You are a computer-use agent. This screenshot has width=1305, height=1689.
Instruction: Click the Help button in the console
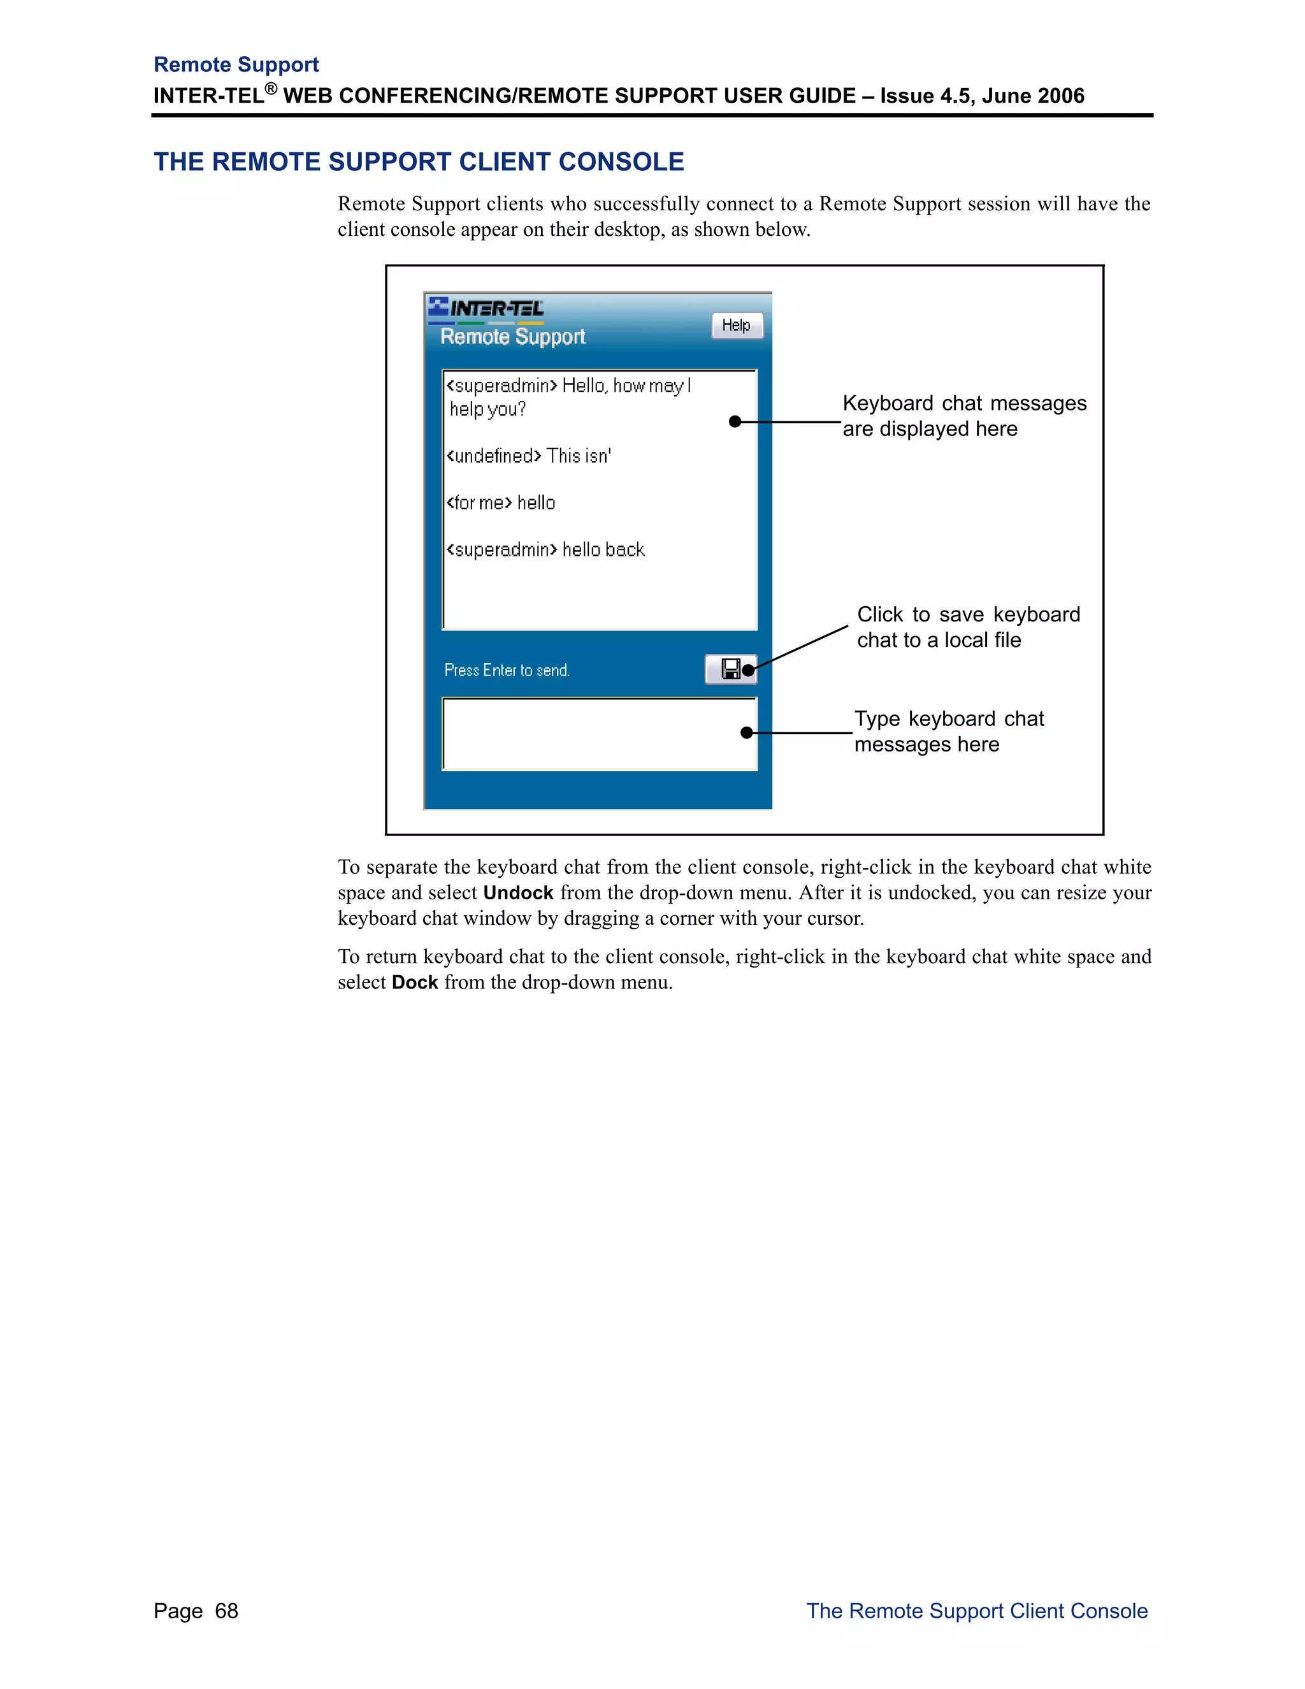(736, 326)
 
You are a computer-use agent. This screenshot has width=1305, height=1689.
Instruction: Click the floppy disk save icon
(730, 669)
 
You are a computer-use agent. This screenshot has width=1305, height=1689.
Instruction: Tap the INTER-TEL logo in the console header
(487, 309)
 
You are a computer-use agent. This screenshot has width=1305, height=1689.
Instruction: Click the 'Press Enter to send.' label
(507, 671)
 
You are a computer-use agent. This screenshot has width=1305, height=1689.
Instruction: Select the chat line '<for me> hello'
(501, 503)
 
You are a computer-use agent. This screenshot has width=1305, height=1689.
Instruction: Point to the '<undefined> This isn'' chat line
(529, 456)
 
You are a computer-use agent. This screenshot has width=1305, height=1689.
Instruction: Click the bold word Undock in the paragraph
(518, 892)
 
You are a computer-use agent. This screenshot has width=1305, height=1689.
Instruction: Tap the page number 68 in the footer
(226, 1611)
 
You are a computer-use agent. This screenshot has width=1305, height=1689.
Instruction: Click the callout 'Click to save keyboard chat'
(968, 627)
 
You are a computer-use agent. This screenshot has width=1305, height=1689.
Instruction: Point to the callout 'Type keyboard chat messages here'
(949, 732)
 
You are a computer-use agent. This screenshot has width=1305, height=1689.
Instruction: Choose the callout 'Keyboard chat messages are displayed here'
(963, 416)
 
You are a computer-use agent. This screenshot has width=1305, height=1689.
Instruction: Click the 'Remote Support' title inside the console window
(512, 337)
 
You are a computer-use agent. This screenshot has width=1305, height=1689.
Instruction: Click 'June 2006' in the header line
(1032, 96)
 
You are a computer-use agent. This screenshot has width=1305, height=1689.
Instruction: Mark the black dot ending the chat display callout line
(735, 421)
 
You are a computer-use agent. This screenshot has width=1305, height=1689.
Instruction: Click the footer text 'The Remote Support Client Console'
(976, 1611)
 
